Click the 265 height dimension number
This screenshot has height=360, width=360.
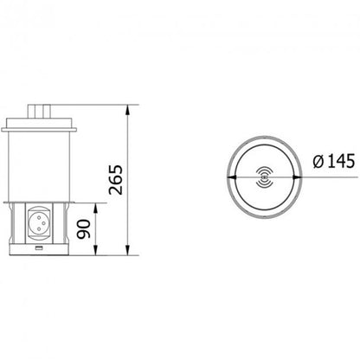click(116, 179)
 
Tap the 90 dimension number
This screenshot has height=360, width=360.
click(84, 229)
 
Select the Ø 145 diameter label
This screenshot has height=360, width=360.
click(334, 161)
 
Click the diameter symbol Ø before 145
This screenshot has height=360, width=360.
click(318, 161)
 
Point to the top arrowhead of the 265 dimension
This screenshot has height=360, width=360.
click(128, 110)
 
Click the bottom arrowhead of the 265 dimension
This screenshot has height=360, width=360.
click(128, 250)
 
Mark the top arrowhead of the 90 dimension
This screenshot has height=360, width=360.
click(96, 209)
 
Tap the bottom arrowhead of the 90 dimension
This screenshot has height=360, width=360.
click(96, 250)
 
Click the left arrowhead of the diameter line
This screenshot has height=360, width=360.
click(232, 177)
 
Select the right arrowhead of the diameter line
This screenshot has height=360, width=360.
click(298, 177)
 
